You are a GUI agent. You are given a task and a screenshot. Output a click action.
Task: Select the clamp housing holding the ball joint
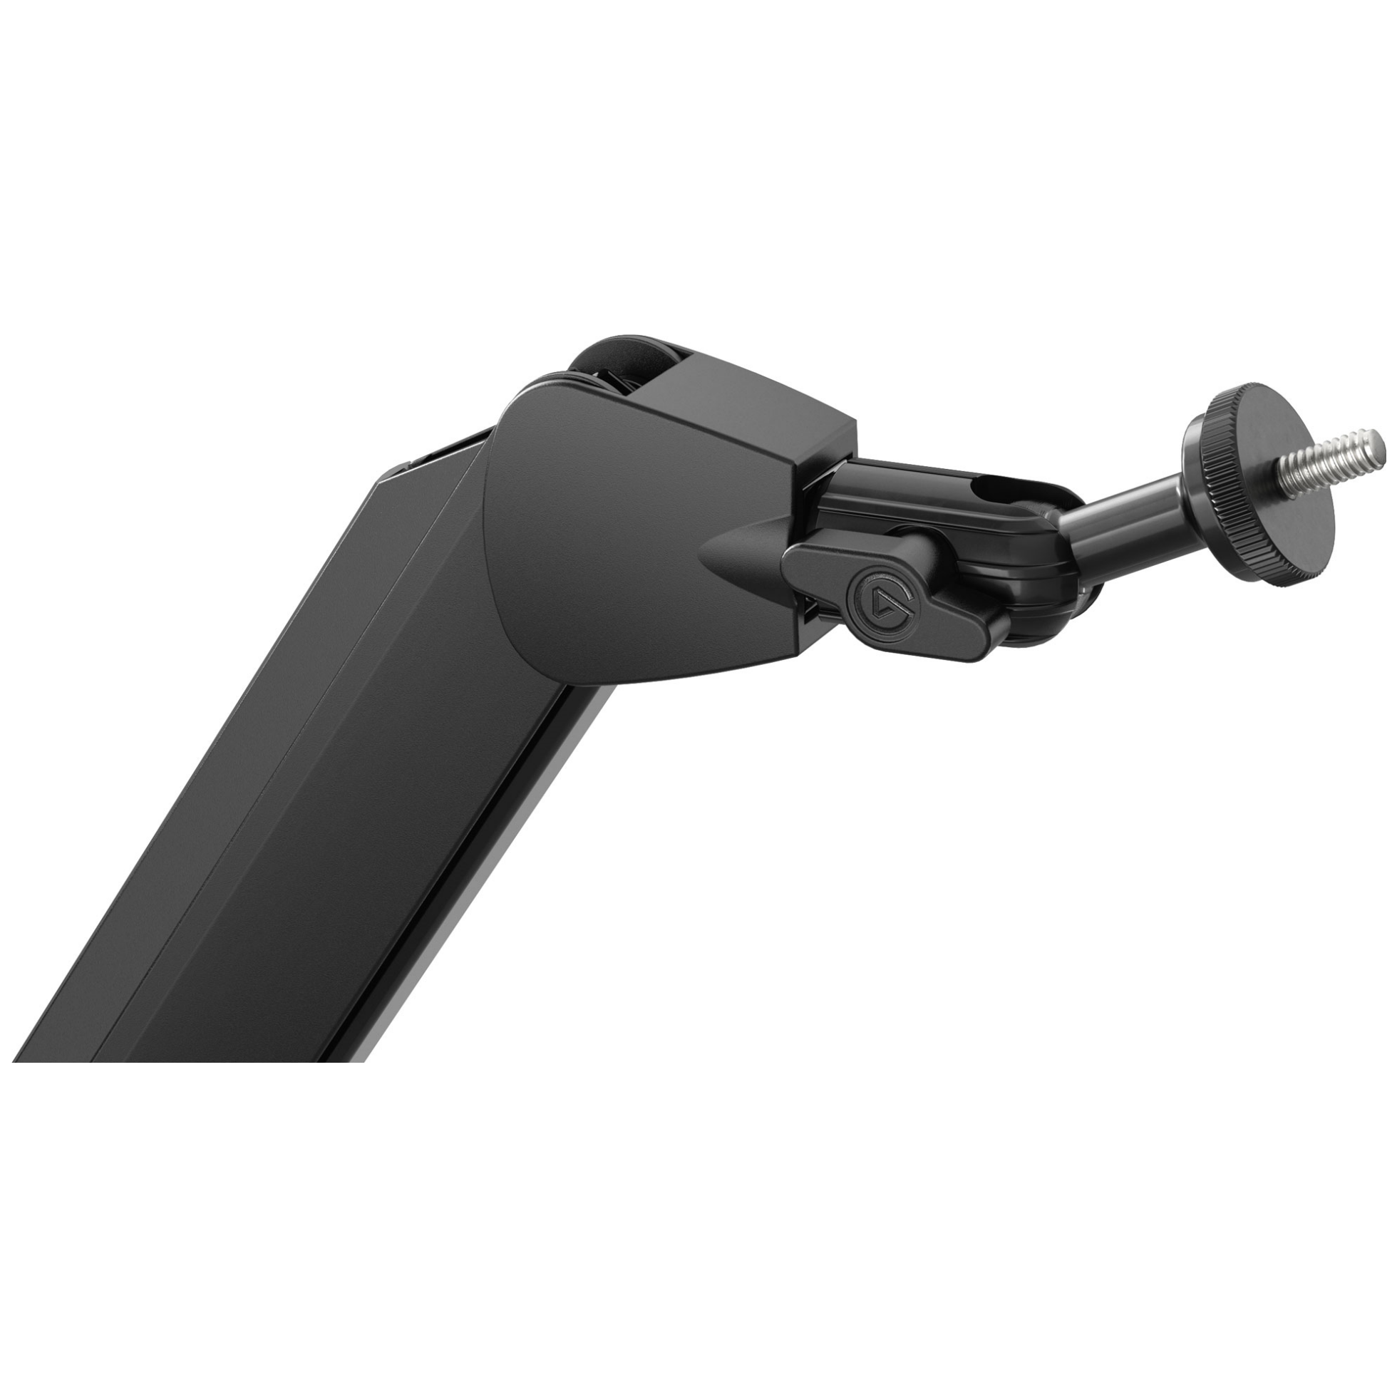pos(962,520)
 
